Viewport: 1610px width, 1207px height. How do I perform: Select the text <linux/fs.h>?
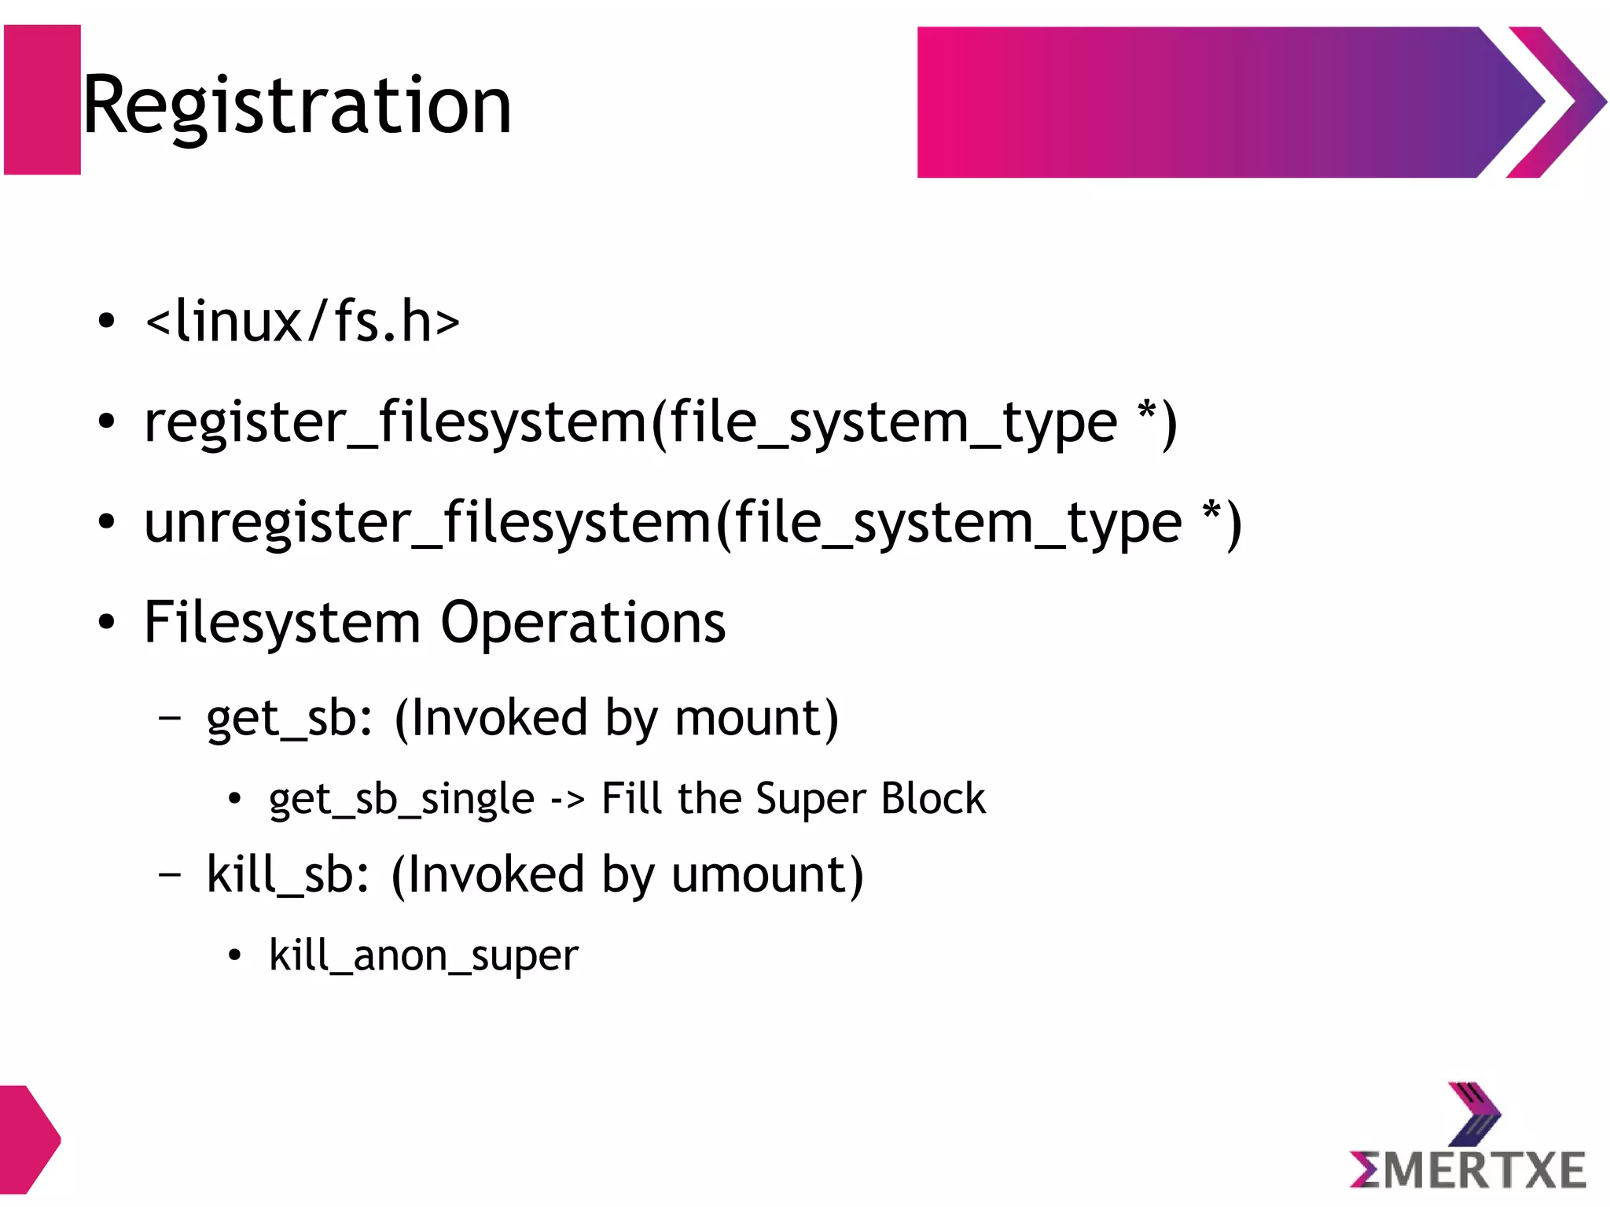click(303, 322)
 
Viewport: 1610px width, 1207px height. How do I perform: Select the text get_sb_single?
click(401, 800)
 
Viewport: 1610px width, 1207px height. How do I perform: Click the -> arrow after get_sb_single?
click(567, 800)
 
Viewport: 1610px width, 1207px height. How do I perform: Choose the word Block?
click(933, 799)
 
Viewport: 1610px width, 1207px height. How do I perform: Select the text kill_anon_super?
click(424, 957)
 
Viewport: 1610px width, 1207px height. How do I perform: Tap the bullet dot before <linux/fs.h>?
click(107, 322)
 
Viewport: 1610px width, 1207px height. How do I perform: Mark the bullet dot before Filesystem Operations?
click(107, 623)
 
